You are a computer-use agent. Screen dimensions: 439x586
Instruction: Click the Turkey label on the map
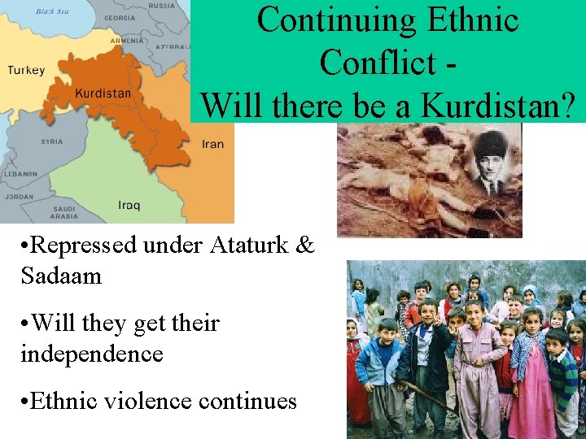(x=27, y=71)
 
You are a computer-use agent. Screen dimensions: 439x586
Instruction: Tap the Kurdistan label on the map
(x=103, y=93)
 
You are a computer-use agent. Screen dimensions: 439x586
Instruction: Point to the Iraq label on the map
(x=129, y=205)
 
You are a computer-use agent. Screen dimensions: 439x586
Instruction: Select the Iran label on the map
(x=212, y=145)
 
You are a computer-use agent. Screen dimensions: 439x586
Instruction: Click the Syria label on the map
(x=51, y=141)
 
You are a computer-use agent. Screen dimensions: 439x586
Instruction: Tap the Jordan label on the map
(x=20, y=197)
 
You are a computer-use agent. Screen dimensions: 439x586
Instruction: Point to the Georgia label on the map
(x=120, y=18)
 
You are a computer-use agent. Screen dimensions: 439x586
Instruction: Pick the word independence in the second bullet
(x=92, y=354)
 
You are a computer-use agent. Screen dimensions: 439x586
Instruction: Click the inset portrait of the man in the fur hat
(x=491, y=161)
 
